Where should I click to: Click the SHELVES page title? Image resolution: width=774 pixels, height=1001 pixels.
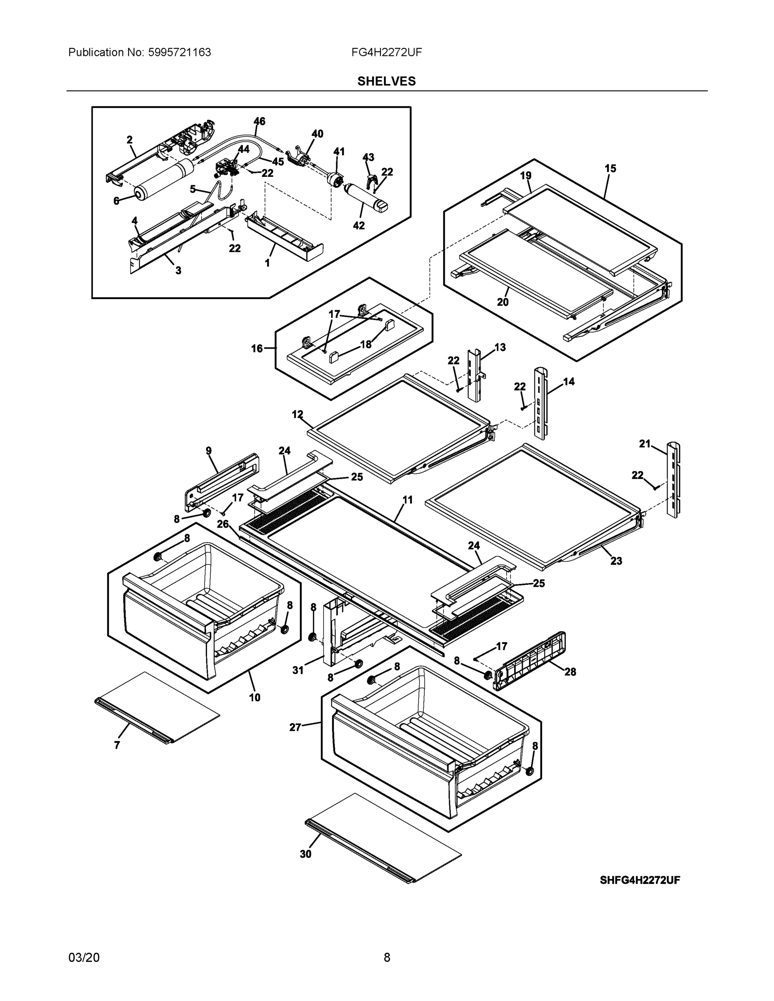click(x=386, y=81)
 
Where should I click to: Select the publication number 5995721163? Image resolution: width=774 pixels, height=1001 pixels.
click(x=179, y=53)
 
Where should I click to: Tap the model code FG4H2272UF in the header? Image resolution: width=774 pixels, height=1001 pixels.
click(x=386, y=53)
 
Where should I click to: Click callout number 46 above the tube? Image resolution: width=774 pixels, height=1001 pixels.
click(x=259, y=121)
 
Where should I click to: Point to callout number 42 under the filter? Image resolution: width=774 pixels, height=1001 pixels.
click(x=358, y=226)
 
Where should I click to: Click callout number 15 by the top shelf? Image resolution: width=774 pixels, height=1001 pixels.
click(x=610, y=169)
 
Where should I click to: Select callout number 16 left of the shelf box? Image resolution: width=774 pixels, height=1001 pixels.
click(x=256, y=349)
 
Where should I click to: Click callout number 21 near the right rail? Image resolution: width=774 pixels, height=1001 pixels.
click(x=645, y=444)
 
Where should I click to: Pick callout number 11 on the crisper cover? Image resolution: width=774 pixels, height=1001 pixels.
click(x=407, y=500)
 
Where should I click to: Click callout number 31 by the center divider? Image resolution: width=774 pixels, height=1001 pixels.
click(x=298, y=670)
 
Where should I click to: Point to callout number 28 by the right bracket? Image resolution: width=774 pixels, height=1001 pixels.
click(x=570, y=672)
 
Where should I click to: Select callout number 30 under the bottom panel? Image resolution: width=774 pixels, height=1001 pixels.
click(x=305, y=854)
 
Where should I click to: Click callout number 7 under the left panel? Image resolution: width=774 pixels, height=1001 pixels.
click(x=117, y=746)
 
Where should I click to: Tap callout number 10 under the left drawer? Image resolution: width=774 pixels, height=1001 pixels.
click(x=255, y=698)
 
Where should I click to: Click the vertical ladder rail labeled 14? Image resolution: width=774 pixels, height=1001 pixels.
click(x=539, y=403)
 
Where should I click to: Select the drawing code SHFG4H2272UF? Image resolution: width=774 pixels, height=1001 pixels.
click(x=640, y=880)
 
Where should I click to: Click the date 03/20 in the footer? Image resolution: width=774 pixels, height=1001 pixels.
click(x=83, y=958)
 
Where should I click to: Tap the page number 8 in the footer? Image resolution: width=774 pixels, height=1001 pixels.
click(x=386, y=958)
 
